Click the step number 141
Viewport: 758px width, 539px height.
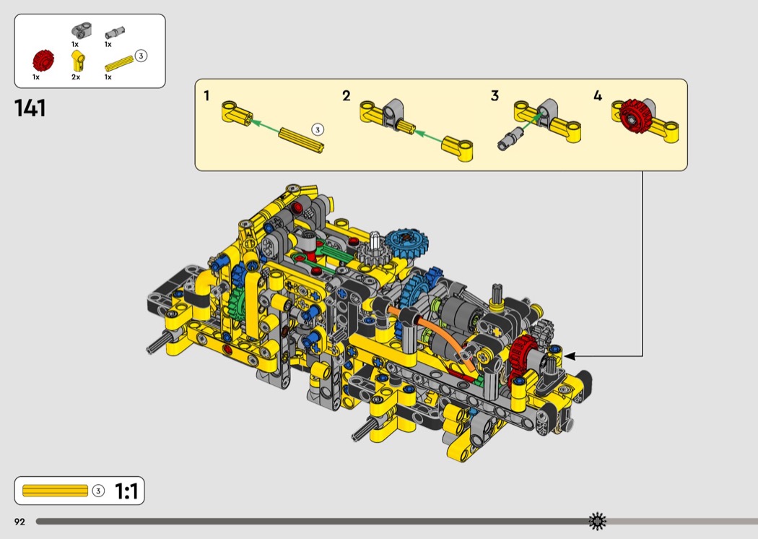point(30,108)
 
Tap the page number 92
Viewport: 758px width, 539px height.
point(19,522)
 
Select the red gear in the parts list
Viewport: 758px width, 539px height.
point(43,61)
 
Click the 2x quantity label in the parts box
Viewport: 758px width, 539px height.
point(75,77)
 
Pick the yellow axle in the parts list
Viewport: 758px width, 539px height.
point(119,64)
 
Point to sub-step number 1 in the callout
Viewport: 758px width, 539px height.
point(206,96)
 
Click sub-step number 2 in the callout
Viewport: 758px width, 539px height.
point(346,96)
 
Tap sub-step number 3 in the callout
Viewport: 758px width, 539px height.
point(495,96)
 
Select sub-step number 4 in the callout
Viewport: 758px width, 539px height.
point(598,96)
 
